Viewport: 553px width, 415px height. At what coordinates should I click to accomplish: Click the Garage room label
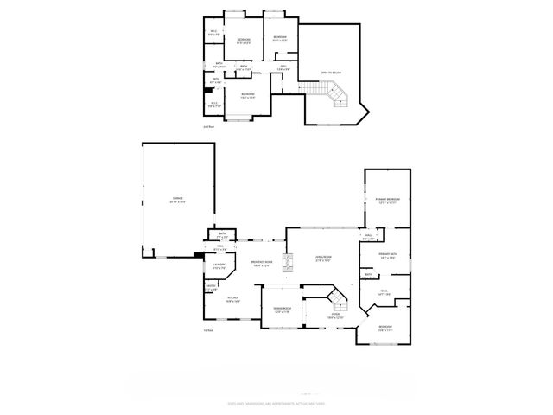[x=177, y=201]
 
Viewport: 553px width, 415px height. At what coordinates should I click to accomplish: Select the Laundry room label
[x=219, y=266]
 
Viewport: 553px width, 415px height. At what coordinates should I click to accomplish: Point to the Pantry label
[x=211, y=288]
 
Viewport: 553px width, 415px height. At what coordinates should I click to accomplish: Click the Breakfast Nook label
[x=262, y=264]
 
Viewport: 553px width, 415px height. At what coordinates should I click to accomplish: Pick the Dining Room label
[x=283, y=310]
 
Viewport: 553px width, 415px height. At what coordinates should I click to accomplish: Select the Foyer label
[x=335, y=316]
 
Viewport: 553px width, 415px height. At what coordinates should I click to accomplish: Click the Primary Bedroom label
[x=385, y=200]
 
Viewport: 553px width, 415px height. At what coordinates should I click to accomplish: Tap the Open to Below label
[x=330, y=72]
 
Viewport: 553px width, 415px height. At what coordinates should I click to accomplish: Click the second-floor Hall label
[x=283, y=67]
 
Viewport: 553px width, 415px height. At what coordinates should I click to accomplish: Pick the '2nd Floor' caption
[x=207, y=126]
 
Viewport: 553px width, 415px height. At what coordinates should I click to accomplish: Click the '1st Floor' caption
[x=207, y=330]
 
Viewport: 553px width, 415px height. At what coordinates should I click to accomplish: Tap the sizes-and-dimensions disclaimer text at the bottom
[x=276, y=403]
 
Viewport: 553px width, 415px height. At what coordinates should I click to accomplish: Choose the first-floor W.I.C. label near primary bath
[x=385, y=292]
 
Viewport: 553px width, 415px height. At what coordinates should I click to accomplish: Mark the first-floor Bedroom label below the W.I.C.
[x=385, y=328]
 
